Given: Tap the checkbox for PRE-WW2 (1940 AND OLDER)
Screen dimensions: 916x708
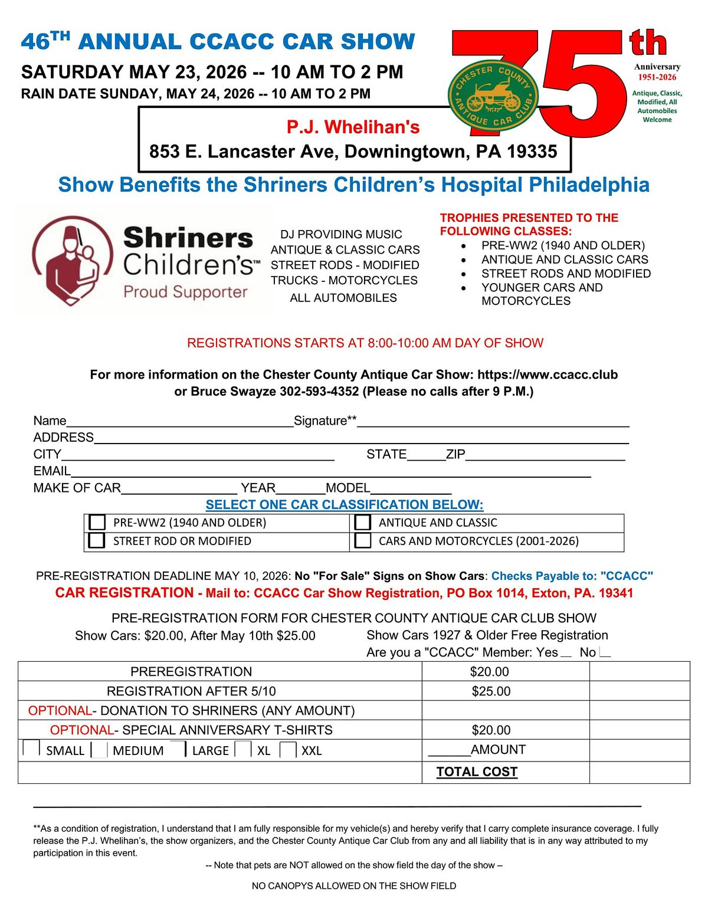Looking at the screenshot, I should coord(97,523).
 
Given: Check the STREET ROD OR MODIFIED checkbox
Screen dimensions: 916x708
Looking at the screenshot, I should coord(97,540).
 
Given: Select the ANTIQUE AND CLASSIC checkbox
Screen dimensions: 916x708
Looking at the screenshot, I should coord(363,523).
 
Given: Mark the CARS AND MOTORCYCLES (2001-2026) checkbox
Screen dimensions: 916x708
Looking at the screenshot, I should coord(363,540).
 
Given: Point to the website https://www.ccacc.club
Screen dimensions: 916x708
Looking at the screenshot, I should coord(548,375).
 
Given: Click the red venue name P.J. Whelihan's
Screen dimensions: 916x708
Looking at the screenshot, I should coord(353,127).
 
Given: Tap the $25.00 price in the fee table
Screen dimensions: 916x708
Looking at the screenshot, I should coord(491,691).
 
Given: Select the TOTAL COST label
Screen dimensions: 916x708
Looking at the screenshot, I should coord(477,772).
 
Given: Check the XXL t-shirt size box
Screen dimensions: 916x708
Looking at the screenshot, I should coord(288,750).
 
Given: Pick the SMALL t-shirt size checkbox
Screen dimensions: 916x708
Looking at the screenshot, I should coord(31,748).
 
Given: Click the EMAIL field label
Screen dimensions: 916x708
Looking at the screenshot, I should coord(52,471).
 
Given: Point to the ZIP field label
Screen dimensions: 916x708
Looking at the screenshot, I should coord(455,454).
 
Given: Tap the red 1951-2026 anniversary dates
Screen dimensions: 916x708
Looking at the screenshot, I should coord(657,77).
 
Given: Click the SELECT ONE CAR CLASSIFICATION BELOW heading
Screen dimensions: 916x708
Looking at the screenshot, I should coord(345,505).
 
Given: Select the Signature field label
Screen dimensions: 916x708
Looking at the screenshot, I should coord(325,421).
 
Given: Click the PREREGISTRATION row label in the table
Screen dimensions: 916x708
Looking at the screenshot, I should coord(191,672).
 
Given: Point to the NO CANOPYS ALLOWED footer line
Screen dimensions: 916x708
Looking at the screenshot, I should coord(354,886).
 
